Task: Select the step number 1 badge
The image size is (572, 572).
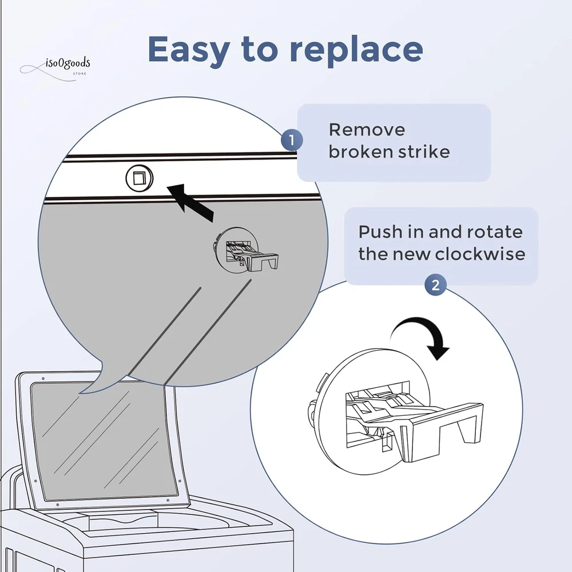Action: tap(292, 140)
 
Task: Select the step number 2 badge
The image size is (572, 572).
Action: tap(435, 285)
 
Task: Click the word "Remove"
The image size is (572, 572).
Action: tap(367, 129)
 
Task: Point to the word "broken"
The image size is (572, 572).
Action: tap(359, 152)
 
